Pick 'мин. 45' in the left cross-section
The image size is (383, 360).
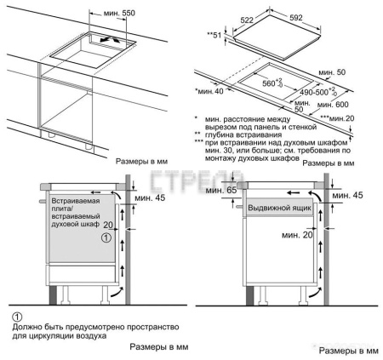tap(151, 199)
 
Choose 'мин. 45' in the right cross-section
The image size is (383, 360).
tap(348, 195)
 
